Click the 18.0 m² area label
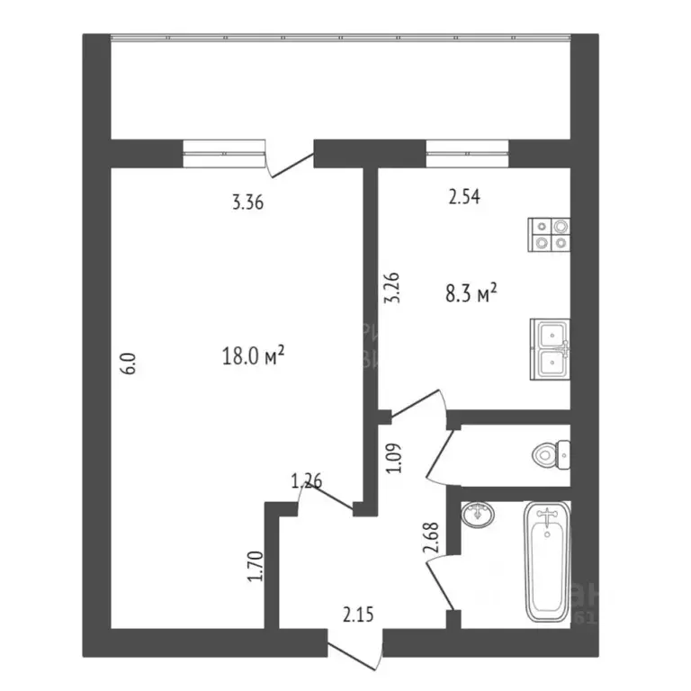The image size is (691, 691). [x=253, y=357]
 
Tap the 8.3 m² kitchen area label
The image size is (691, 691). [x=471, y=293]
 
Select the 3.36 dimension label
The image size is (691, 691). [x=247, y=202]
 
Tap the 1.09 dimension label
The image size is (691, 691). [x=392, y=456]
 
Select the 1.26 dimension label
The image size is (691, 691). [x=307, y=482]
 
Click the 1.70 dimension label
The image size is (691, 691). [x=255, y=567]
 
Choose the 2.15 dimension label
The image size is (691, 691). [x=357, y=615]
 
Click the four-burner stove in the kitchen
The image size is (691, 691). [x=549, y=234]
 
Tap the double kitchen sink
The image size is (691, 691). [x=549, y=347]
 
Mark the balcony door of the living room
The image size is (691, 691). [x=290, y=160]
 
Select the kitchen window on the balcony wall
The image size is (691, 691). [x=467, y=153]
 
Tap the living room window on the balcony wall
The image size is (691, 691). [x=224, y=153]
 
